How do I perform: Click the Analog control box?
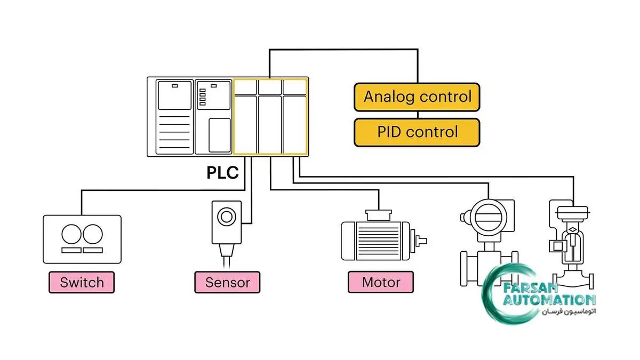point(417,97)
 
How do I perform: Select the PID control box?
point(417,132)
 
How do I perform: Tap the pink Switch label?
point(82,282)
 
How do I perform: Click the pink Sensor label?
point(227,282)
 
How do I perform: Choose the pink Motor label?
point(381,282)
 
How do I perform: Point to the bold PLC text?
point(222,173)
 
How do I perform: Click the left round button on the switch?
point(71,235)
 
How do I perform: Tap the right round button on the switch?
point(92,235)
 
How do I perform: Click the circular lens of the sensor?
point(227,217)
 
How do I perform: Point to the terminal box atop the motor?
point(379,214)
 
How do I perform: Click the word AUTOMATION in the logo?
point(549,300)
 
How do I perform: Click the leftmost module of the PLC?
point(174,117)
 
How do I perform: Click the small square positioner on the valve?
point(556,246)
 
